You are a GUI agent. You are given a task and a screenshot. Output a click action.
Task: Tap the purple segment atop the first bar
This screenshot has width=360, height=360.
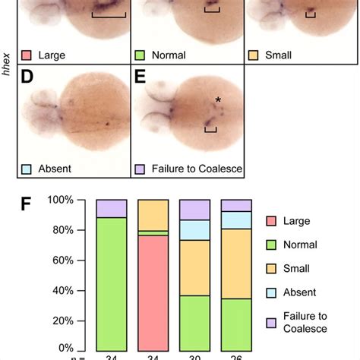(x=111, y=209)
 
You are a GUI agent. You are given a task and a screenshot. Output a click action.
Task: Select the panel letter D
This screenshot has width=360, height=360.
(x=27, y=78)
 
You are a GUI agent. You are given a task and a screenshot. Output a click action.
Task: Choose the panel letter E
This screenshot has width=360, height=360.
(x=140, y=78)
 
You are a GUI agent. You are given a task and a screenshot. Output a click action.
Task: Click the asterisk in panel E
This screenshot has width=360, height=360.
(x=218, y=100)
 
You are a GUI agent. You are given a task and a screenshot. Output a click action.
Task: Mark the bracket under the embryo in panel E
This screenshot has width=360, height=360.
(x=211, y=131)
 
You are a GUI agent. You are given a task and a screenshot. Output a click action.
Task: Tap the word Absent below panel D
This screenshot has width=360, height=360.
(x=55, y=168)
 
